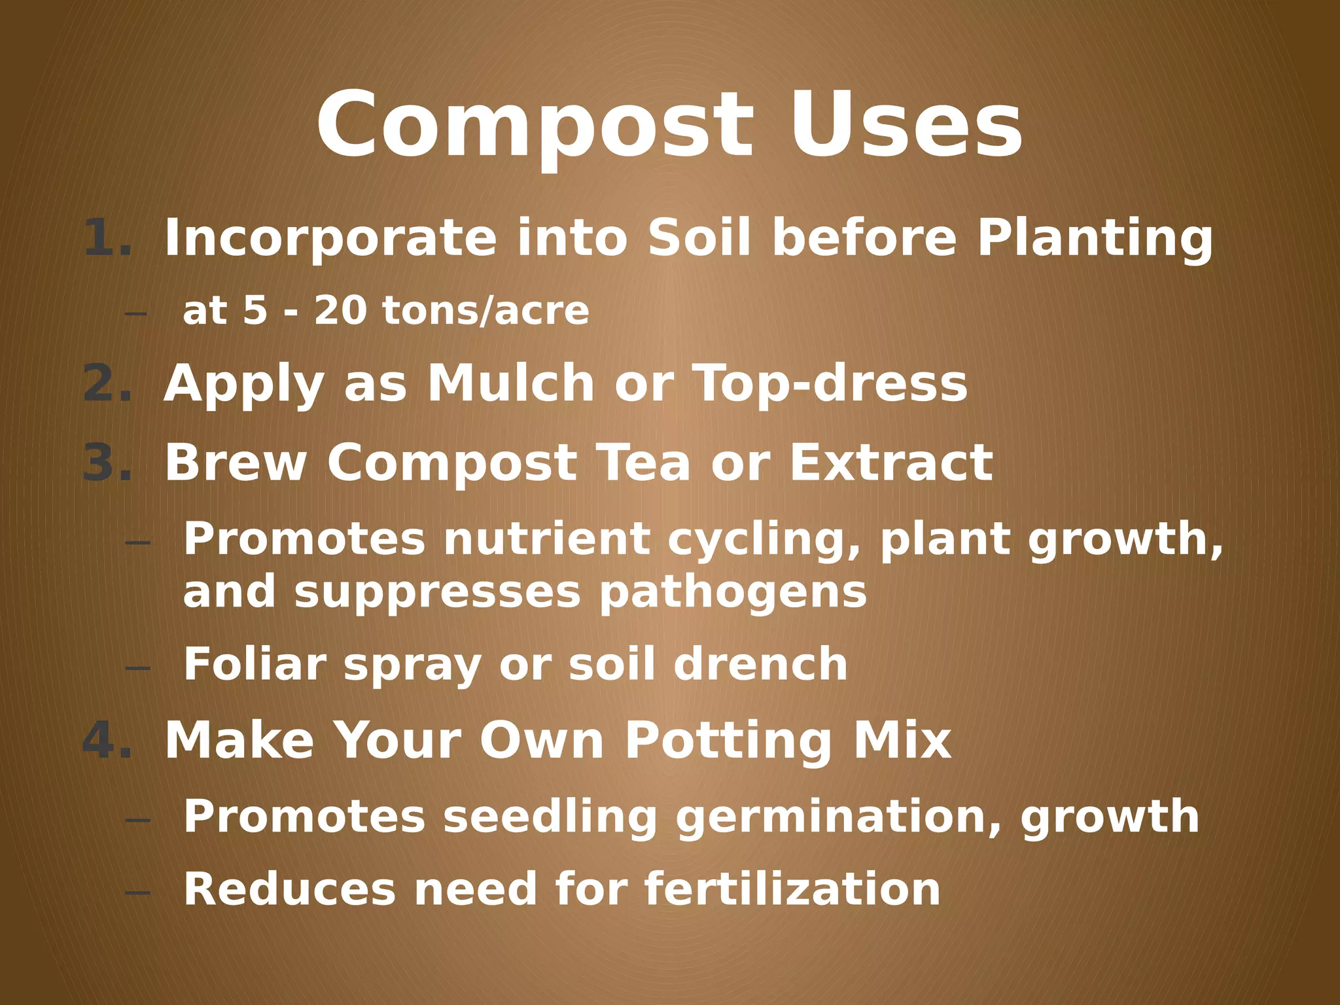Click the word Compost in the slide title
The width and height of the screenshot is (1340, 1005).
[x=535, y=126]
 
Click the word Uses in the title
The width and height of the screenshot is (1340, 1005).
[x=906, y=126]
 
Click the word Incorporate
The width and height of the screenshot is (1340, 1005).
[x=330, y=238]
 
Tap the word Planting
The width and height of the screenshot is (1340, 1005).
[x=1095, y=238]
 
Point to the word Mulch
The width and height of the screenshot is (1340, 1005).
[x=510, y=383]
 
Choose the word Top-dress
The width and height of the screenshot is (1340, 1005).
[x=830, y=383]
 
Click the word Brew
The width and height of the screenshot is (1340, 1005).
[x=236, y=463]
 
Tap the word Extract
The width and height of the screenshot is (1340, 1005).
[x=891, y=463]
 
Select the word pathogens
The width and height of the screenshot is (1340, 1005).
[x=733, y=593]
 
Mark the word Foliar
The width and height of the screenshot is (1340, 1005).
[x=255, y=665]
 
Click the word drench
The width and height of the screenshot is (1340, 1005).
[x=760, y=665]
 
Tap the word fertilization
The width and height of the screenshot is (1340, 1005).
[x=792, y=890]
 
